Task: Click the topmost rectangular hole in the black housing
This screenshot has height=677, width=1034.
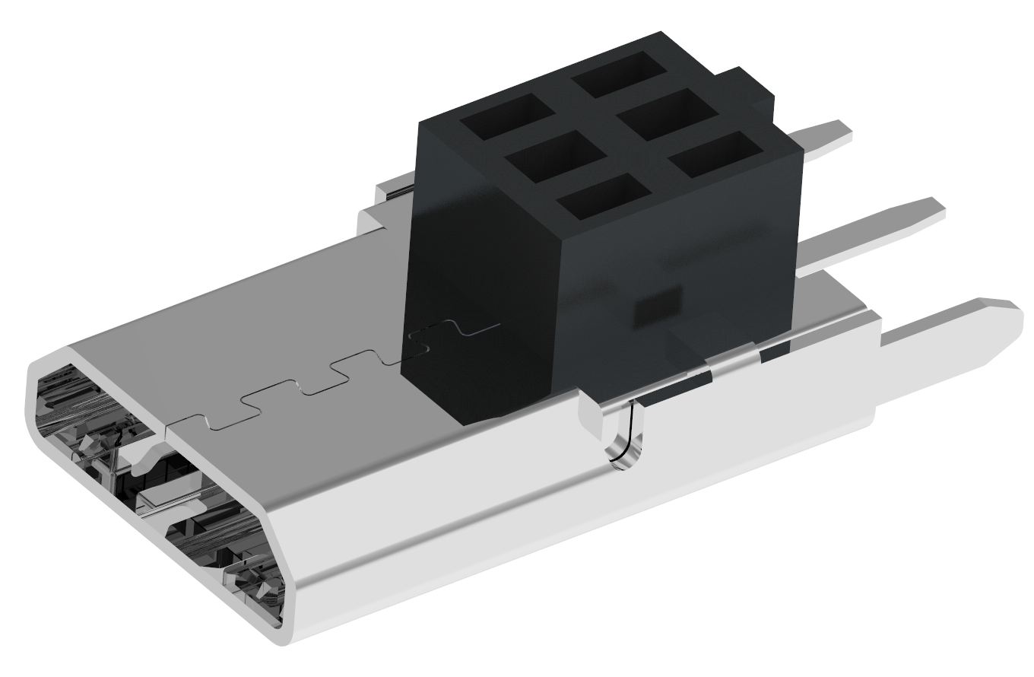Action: point(620,73)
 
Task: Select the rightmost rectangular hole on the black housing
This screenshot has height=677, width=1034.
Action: point(718,155)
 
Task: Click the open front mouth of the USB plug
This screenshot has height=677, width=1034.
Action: point(152,494)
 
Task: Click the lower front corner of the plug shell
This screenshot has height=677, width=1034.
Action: point(281,636)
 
